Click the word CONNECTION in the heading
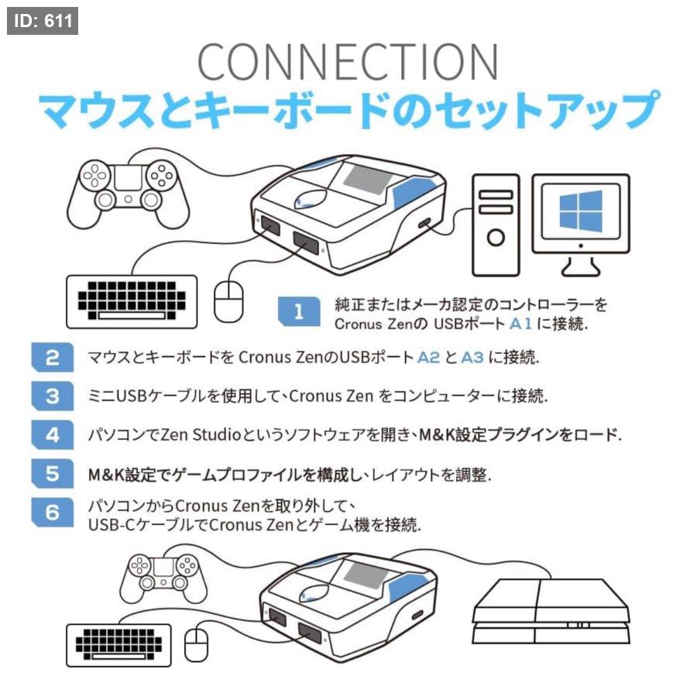point(348,62)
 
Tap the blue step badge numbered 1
point(299,311)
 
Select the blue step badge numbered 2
point(53,357)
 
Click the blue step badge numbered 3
point(53,396)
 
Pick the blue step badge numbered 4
point(53,434)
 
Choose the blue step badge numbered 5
point(53,473)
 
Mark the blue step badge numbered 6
point(53,512)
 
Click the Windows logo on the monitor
point(581,211)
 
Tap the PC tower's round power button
point(496,238)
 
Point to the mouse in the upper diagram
point(228,302)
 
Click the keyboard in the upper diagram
point(132,302)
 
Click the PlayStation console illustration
point(551,611)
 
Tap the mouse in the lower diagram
point(196,645)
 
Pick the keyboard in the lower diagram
point(118,645)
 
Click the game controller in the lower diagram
point(163,579)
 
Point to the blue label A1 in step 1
point(520,324)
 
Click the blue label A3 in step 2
point(472,357)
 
